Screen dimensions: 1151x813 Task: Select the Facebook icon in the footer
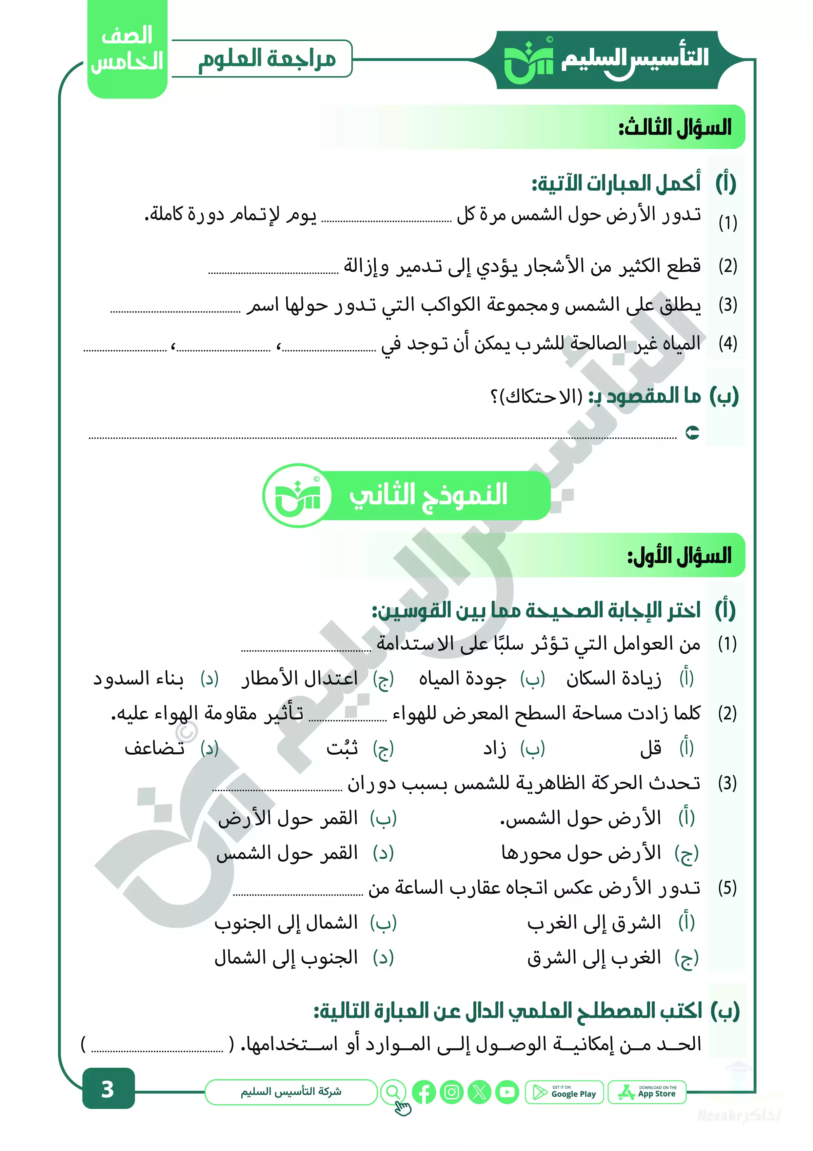click(x=424, y=1092)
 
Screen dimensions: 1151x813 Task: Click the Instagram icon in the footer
click(x=452, y=1092)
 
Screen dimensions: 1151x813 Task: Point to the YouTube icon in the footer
click(x=507, y=1092)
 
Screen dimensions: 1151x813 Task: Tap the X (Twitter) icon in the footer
click(x=479, y=1092)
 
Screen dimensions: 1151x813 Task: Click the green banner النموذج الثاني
click(x=428, y=495)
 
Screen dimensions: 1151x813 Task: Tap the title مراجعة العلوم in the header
click(x=267, y=59)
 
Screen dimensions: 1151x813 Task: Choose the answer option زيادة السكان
click(x=614, y=679)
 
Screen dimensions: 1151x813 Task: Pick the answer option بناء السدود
click(x=139, y=679)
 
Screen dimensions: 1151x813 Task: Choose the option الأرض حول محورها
click(x=581, y=853)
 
